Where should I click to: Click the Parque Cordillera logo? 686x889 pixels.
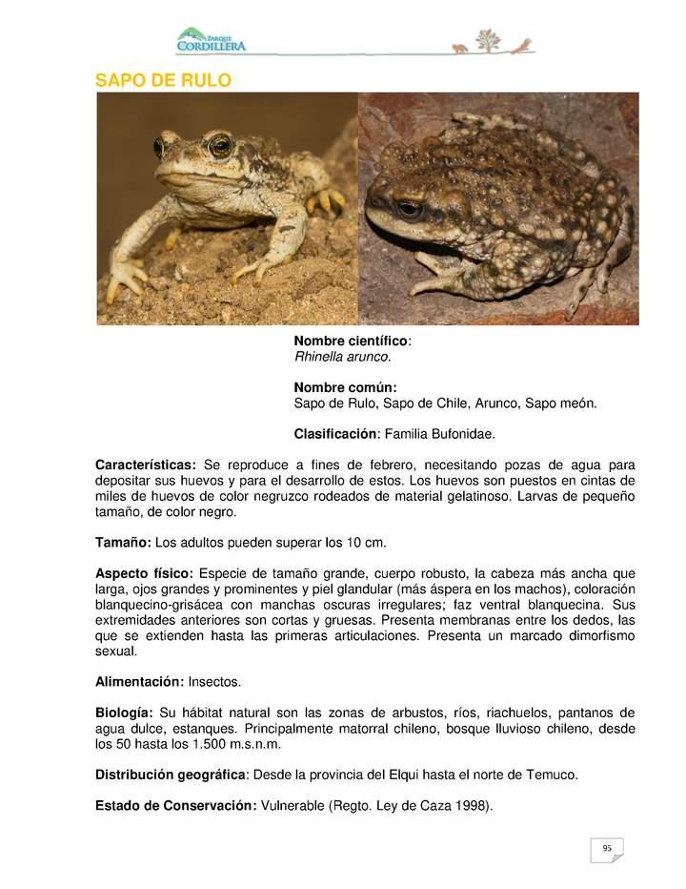211,40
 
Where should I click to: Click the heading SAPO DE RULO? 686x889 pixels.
163,80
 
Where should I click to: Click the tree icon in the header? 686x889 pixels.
487,41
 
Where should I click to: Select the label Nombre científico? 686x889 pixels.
351,341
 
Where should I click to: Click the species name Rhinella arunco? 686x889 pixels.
342,357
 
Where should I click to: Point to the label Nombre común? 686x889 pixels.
345,387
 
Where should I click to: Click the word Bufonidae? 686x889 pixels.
461,434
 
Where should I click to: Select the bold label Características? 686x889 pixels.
146,465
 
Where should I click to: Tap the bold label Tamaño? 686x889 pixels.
123,543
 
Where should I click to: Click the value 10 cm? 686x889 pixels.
366,543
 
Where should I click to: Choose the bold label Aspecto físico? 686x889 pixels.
144,573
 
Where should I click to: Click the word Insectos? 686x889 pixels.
215,682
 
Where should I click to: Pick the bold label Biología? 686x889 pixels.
124,713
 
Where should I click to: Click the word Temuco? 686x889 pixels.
552,775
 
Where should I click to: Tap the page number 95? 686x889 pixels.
606,848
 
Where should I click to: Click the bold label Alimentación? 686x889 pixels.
139,682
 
